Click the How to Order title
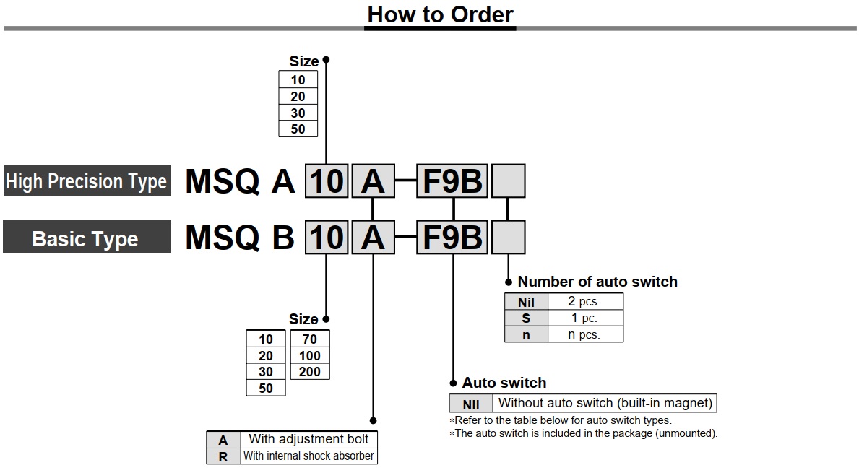tap(440, 14)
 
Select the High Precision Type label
tap(86, 181)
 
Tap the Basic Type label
tap(85, 239)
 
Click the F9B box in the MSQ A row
tap(452, 181)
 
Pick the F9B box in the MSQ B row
tap(452, 238)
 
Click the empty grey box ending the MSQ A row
tap(508, 181)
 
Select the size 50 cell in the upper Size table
tap(298, 129)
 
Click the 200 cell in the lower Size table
tap(309, 372)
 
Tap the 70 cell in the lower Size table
tap(309, 339)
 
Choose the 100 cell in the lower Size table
tap(309, 355)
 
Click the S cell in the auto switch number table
tap(526, 318)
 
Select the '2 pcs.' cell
tap(584, 302)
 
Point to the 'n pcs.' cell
tap(584, 335)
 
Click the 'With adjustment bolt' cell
tap(308, 439)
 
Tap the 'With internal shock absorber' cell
tap(308, 456)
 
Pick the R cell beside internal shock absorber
tap(223, 456)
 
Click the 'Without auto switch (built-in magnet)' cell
tap(605, 403)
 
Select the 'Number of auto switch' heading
tap(597, 282)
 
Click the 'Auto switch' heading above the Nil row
tap(504, 383)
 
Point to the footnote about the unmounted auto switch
tap(584, 433)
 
